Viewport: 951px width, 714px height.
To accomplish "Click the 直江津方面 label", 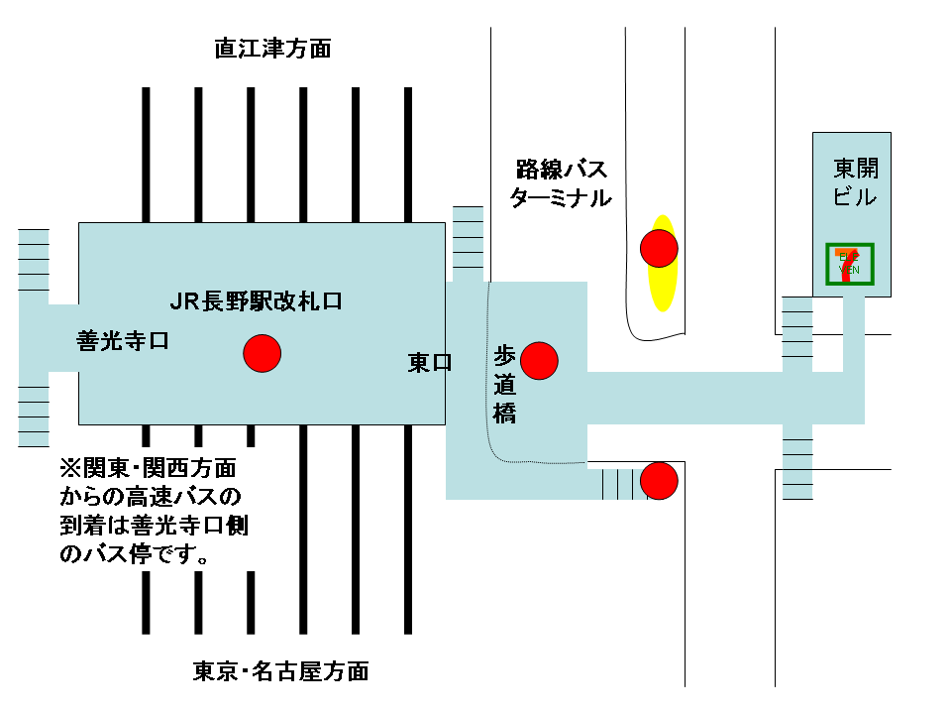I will pos(272,48).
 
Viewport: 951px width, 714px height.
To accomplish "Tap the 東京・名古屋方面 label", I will pos(280,671).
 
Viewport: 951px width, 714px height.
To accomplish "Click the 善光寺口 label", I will pos(123,341).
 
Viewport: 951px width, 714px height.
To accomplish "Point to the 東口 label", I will pos(430,363).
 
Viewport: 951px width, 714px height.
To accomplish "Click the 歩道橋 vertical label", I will pos(505,385).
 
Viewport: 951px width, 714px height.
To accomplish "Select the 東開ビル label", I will pos(854,181).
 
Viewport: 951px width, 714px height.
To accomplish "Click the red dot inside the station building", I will pos(263,352).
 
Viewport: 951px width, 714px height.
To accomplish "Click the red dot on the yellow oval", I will pos(659,247).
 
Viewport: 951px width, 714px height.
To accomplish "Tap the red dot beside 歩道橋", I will pos(540,360).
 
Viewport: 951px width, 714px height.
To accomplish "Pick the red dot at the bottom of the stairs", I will pos(659,480).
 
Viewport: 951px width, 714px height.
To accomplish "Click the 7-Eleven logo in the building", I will pos(849,264).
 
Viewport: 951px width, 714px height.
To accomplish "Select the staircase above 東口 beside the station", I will pos(468,243).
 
